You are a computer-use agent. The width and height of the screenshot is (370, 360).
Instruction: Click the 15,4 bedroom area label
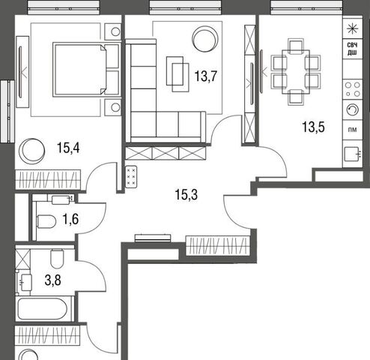(68, 148)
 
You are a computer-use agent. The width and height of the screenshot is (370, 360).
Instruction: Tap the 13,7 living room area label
(206, 76)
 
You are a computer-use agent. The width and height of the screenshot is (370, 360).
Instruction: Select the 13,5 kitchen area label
(313, 127)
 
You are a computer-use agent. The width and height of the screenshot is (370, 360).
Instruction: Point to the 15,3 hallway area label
(186, 194)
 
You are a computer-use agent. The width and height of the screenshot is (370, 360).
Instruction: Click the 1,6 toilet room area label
(70, 219)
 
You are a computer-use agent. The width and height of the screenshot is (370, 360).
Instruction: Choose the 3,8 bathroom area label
(53, 280)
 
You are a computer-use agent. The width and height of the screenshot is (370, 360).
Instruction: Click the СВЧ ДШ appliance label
(352, 49)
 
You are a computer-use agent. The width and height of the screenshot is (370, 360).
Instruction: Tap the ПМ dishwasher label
(352, 130)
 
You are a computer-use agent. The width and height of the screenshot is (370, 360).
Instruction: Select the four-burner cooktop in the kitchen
(353, 89)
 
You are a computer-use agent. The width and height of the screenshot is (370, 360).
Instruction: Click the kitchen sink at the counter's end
(353, 154)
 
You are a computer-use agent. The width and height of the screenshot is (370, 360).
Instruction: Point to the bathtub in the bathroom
(43, 309)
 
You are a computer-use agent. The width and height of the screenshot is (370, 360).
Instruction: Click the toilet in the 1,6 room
(46, 221)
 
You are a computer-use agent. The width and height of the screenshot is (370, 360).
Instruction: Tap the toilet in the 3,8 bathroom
(57, 259)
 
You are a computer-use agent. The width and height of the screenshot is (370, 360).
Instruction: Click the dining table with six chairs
(296, 72)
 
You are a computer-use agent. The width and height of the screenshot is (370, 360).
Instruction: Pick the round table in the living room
(205, 39)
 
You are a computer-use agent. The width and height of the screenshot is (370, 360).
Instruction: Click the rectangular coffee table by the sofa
(178, 74)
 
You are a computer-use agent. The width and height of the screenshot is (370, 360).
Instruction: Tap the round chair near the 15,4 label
(32, 151)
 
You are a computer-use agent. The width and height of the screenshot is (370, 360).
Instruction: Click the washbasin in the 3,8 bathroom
(25, 283)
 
